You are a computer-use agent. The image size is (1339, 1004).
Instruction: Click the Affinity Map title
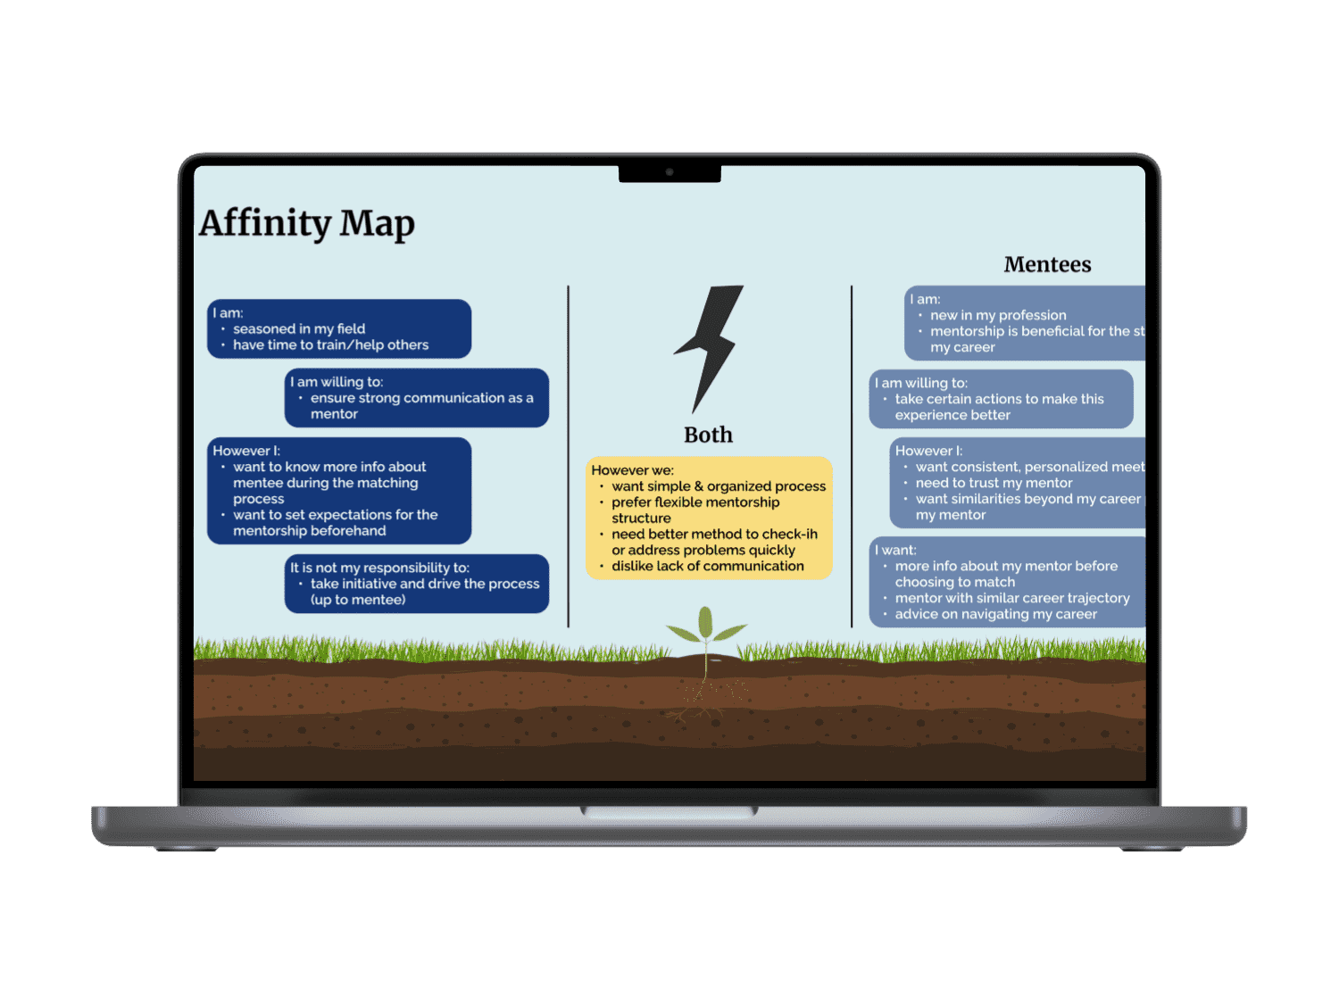[x=307, y=223]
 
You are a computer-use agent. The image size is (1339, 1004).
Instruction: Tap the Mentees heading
[x=1047, y=264]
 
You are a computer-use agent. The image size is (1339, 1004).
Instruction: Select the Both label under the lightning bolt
[x=708, y=435]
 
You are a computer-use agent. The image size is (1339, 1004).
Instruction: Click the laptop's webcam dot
[x=669, y=172]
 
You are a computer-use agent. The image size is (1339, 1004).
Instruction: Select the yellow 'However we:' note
[x=709, y=518]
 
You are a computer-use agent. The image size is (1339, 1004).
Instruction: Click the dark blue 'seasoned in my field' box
[x=339, y=328]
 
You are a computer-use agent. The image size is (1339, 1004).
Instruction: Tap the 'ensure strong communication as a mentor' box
[x=416, y=397]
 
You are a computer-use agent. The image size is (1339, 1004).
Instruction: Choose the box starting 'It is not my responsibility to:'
[x=416, y=584]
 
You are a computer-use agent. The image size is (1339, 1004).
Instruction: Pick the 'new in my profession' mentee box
[x=1025, y=323]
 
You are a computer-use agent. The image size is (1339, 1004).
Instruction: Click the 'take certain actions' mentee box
[x=1001, y=399]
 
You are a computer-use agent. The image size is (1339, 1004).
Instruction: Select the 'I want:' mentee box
[x=1007, y=582]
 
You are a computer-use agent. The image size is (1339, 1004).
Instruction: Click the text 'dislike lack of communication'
[x=708, y=566]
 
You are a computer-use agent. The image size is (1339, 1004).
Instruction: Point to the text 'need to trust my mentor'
[x=994, y=483]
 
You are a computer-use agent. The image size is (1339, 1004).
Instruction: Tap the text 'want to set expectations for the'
[x=336, y=515]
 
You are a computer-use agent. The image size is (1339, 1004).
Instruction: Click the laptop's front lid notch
[x=669, y=811]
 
